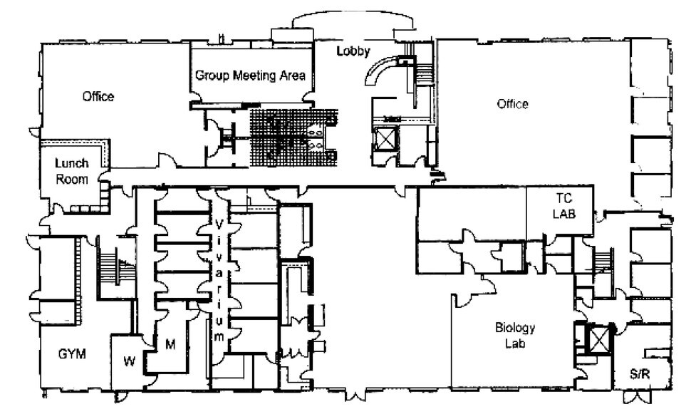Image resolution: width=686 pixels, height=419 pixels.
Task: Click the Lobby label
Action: (x=354, y=50)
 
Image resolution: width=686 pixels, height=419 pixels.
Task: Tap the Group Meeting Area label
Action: (x=250, y=75)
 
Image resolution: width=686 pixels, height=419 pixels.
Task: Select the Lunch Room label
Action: (x=72, y=171)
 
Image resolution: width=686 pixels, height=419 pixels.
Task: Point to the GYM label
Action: (x=72, y=353)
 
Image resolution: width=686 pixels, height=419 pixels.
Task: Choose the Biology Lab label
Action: (x=514, y=335)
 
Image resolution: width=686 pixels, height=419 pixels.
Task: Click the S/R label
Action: (x=640, y=374)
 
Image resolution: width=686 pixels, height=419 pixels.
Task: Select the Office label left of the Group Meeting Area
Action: (x=98, y=97)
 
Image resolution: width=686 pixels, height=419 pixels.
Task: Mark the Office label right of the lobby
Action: (x=512, y=104)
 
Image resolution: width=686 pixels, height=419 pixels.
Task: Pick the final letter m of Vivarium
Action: (x=219, y=335)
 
